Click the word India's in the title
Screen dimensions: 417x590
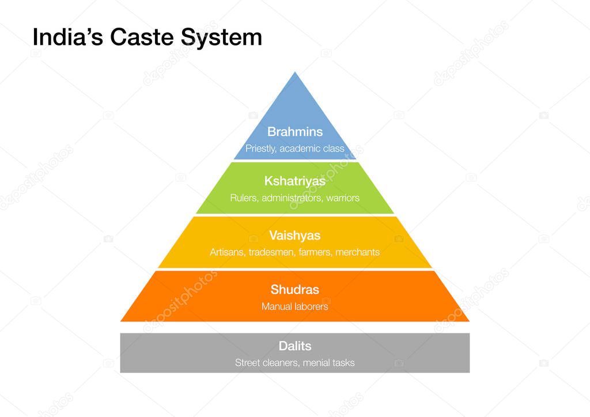[68, 37]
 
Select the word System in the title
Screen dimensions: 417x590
[222, 37]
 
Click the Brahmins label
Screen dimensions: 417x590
[295, 132]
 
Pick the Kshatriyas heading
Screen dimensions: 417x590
[295, 181]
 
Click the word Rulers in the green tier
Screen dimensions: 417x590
[244, 198]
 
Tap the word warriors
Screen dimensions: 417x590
[342, 198]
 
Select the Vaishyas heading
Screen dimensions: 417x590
[295, 236]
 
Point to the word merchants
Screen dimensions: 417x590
[357, 252]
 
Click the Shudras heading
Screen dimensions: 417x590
[295, 290]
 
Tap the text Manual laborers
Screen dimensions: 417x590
[295, 306]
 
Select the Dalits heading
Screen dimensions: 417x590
[295, 346]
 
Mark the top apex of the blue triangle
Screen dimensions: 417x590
[295, 73]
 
